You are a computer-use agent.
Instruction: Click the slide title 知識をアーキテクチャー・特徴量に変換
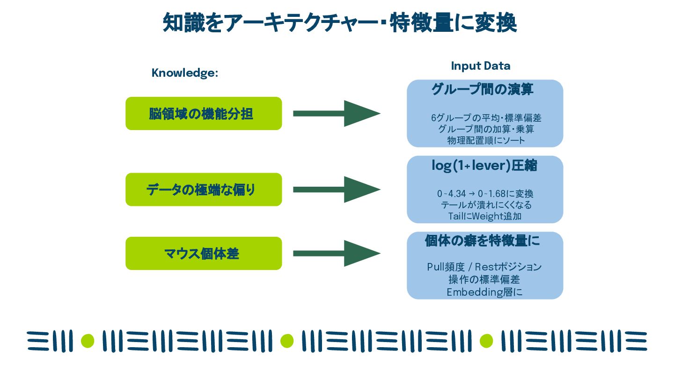pyautogui.click(x=339, y=22)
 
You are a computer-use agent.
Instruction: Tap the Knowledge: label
pyautogui.click(x=185, y=73)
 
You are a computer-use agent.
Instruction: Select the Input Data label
pyautogui.click(x=480, y=66)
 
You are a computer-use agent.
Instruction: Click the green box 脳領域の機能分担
pyautogui.click(x=204, y=113)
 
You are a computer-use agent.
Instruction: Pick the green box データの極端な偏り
pyautogui.click(x=204, y=189)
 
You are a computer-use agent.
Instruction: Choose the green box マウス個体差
pyautogui.click(x=204, y=254)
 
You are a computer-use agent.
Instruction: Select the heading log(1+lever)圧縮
pyautogui.click(x=484, y=166)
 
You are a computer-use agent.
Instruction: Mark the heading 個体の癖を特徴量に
pyautogui.click(x=482, y=241)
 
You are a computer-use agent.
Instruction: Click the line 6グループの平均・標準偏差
pyautogui.click(x=486, y=118)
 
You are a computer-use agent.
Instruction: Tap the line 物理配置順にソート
pyautogui.click(x=486, y=140)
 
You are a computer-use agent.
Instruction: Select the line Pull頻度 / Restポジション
pyautogui.click(x=484, y=267)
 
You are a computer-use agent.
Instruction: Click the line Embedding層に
pyautogui.click(x=484, y=292)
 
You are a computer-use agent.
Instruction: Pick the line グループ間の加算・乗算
pyautogui.click(x=486, y=129)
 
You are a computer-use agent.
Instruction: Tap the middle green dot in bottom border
pyautogui.click(x=286, y=341)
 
